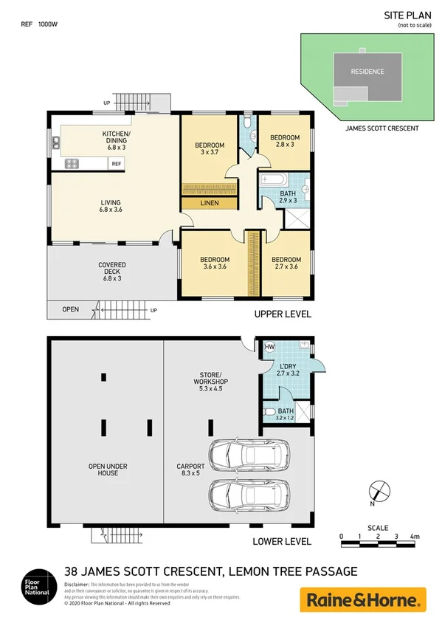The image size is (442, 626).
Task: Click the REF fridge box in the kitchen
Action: click(117, 164)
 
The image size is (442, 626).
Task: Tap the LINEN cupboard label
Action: click(209, 202)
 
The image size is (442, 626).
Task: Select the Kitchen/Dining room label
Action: click(116, 138)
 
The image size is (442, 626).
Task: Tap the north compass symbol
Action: click(376, 490)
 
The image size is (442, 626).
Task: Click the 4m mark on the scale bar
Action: click(415, 536)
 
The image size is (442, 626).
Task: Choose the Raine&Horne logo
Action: click(362, 599)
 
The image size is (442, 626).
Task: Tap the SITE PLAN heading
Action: click(404, 15)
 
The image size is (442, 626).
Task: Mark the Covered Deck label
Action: click(112, 269)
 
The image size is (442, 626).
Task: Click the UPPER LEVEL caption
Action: click(282, 314)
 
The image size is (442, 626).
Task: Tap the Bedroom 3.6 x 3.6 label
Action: click(215, 264)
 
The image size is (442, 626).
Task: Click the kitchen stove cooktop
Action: click(72, 164)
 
